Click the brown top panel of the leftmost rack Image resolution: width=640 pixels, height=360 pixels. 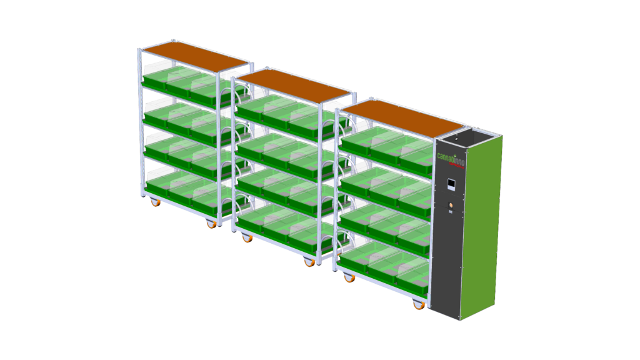[x=194, y=56]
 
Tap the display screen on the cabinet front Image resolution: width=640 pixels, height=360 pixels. [x=451, y=185]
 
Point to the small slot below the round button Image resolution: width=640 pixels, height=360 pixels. [x=449, y=214]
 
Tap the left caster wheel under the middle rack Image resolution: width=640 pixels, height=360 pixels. [x=247, y=238]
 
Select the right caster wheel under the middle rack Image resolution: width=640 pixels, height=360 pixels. [x=309, y=262]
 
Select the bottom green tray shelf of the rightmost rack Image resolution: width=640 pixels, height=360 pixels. [x=384, y=266]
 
